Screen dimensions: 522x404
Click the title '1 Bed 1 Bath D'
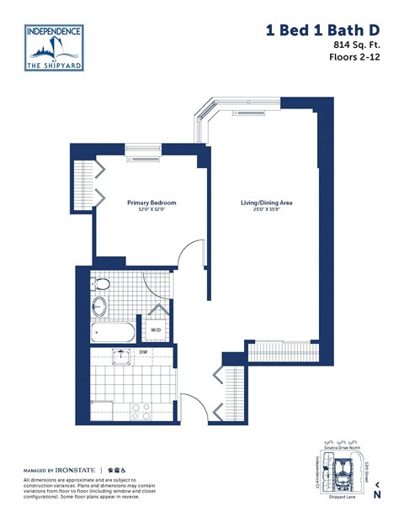(x=327, y=30)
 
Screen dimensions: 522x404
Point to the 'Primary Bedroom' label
(x=148, y=203)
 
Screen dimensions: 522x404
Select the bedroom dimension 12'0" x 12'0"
(x=148, y=210)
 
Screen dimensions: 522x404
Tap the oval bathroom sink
(x=100, y=306)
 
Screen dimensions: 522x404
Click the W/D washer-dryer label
(x=156, y=330)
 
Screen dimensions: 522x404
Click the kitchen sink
(x=123, y=356)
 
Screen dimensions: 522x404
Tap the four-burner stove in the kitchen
(x=141, y=410)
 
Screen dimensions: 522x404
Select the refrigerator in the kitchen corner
(x=102, y=409)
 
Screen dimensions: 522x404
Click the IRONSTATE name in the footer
(x=77, y=470)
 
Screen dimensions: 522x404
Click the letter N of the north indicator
(x=377, y=494)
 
